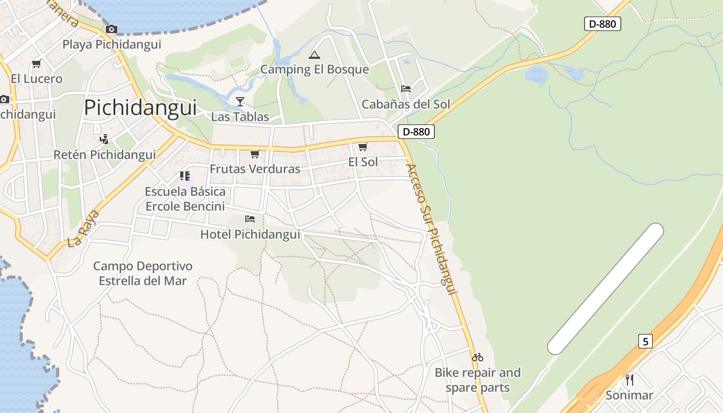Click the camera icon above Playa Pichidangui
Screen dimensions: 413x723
coord(112,29)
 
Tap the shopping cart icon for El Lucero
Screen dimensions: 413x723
coord(36,64)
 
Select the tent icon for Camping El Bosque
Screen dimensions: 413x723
coord(314,55)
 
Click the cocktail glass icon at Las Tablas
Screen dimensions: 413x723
coord(240,101)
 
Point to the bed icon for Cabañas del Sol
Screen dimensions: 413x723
coord(406,89)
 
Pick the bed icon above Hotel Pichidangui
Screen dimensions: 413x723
coord(250,219)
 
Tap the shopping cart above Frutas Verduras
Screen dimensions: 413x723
coord(255,154)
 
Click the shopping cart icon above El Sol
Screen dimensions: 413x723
coord(363,147)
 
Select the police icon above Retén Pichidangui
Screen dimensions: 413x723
coord(104,139)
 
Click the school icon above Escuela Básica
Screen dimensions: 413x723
coord(185,176)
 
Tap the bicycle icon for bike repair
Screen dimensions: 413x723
coord(478,357)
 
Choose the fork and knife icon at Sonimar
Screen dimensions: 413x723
coord(630,380)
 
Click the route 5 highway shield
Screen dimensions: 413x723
coord(645,341)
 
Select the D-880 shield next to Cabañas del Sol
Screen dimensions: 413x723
coord(416,132)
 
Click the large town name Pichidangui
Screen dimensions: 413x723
coord(140,108)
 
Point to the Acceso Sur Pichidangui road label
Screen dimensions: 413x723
coord(432,229)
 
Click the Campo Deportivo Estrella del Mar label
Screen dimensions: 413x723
coord(143,274)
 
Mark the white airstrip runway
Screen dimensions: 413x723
coord(605,289)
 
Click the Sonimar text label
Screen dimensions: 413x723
coord(629,395)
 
